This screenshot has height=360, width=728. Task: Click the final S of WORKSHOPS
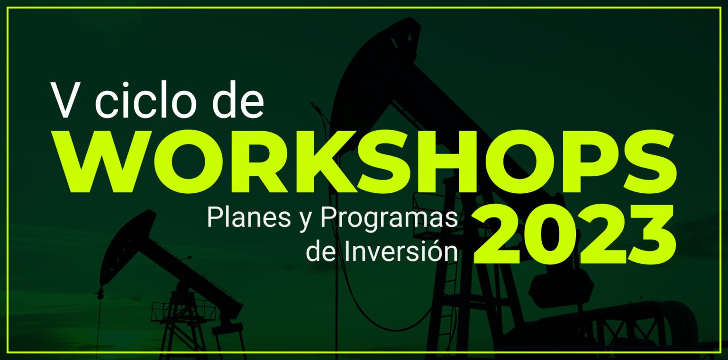click(x=645, y=162)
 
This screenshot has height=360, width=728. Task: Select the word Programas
click(x=389, y=219)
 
